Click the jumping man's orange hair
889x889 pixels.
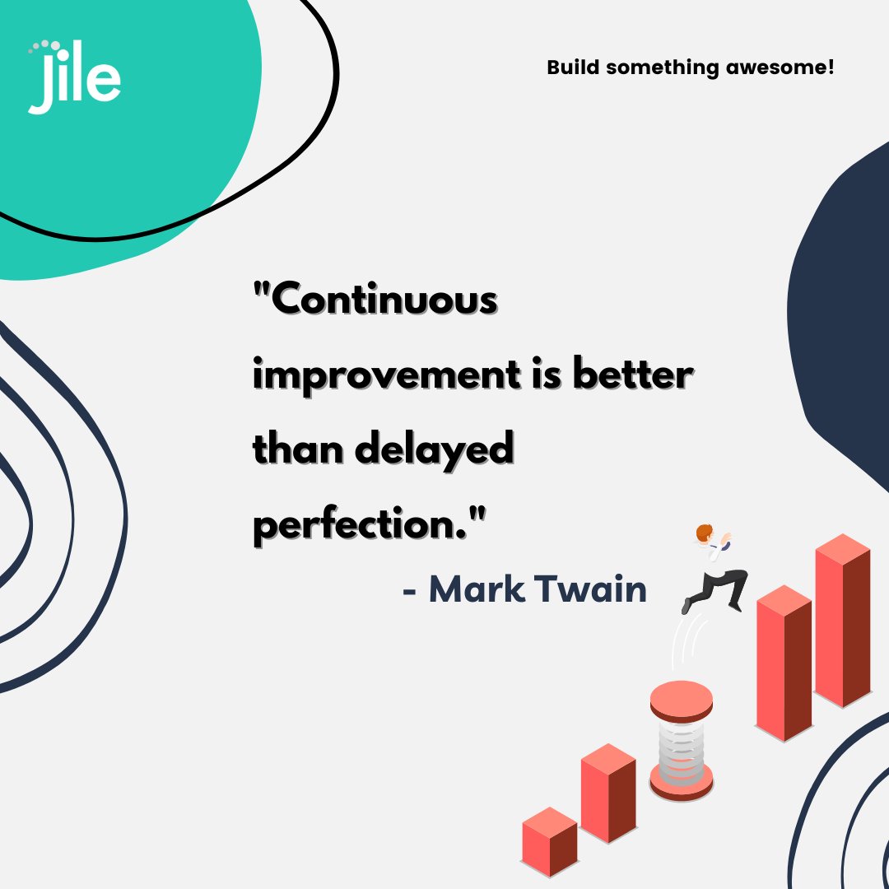pyautogui.click(x=702, y=534)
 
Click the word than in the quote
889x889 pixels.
pyautogui.click(x=294, y=451)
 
